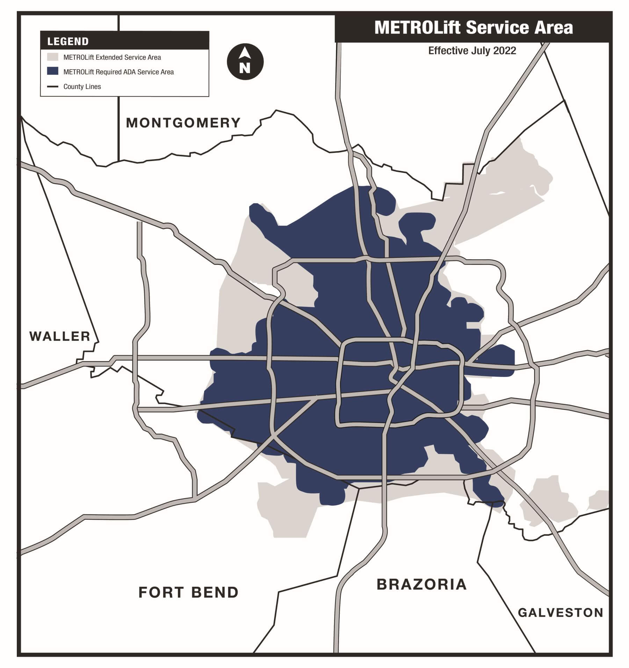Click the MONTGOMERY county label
tap(183, 123)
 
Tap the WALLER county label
tap(60, 336)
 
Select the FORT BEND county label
tap(188, 593)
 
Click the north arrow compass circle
tap(245, 62)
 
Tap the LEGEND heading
tap(68, 42)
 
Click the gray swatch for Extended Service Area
tap(52, 57)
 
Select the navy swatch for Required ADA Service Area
tap(52, 72)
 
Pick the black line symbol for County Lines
tap(52, 87)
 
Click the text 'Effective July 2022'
tap(472, 51)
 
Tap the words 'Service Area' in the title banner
tap(519, 28)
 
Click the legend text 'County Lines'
tap(82, 87)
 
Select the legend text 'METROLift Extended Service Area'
tap(112, 57)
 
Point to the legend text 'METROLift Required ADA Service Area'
tap(118, 72)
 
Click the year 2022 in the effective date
tap(505, 51)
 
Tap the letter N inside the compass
tap(245, 68)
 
